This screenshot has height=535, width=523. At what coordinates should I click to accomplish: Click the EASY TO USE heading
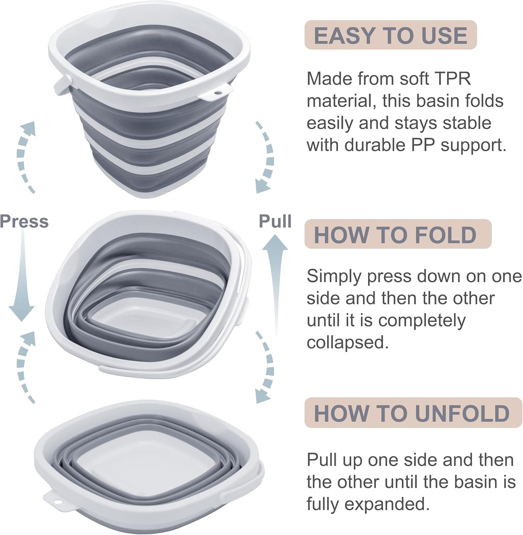click(391, 35)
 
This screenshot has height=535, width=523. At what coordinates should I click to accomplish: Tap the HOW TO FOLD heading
click(395, 234)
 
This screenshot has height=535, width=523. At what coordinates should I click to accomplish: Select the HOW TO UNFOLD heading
click(412, 413)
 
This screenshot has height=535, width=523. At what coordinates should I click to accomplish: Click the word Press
click(24, 221)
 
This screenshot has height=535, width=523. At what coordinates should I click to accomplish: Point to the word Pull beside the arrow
click(275, 221)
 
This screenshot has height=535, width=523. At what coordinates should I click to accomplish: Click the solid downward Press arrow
click(22, 275)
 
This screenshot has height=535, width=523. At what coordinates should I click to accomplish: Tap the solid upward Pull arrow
click(275, 282)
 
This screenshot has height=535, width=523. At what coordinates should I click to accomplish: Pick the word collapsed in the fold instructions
click(347, 342)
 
